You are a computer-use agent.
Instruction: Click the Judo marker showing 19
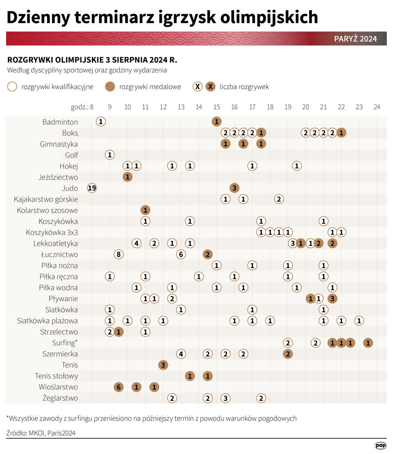(x=92, y=188)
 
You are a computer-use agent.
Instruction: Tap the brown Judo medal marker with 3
(x=234, y=188)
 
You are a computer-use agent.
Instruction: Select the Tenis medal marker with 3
(x=163, y=365)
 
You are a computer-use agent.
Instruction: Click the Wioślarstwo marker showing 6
(x=118, y=387)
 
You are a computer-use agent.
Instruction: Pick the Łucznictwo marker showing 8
(x=118, y=254)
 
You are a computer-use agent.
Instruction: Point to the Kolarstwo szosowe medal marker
(x=145, y=210)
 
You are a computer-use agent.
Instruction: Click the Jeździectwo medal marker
(x=127, y=177)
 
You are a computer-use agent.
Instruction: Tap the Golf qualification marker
(x=110, y=155)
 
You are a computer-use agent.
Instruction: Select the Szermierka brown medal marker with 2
(x=288, y=354)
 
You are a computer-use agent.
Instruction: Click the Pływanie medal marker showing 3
(x=332, y=298)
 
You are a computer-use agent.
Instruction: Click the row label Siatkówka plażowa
(x=47, y=321)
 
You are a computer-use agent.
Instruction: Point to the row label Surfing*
(x=65, y=343)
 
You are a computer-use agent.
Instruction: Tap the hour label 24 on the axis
(x=377, y=107)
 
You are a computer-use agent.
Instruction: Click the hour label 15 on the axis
(x=216, y=107)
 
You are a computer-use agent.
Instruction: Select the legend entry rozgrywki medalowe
(x=150, y=87)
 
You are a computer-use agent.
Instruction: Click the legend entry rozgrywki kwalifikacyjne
(x=57, y=87)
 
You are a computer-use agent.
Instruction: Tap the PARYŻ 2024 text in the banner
(x=355, y=39)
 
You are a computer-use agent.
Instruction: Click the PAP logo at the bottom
(x=380, y=445)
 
